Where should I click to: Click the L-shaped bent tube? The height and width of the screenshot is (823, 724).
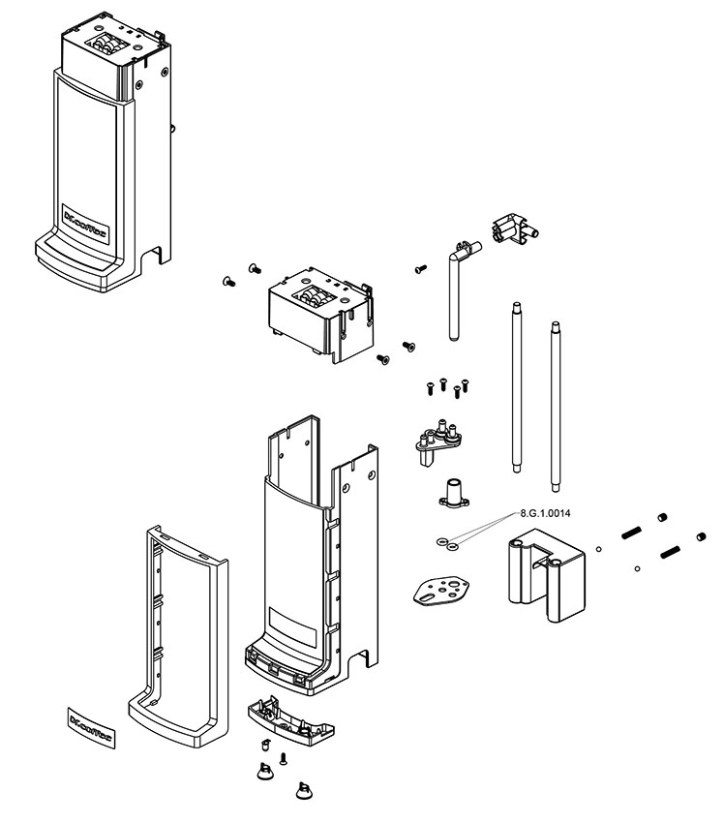click(x=455, y=287)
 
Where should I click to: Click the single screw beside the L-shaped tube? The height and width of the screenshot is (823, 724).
click(x=420, y=267)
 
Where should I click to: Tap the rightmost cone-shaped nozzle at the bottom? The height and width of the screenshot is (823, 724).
click(x=305, y=791)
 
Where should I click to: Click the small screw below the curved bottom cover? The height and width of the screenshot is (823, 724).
click(x=284, y=758)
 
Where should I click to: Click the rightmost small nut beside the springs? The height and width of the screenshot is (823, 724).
click(x=700, y=536)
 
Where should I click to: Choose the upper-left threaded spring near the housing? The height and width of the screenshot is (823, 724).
click(x=630, y=532)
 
